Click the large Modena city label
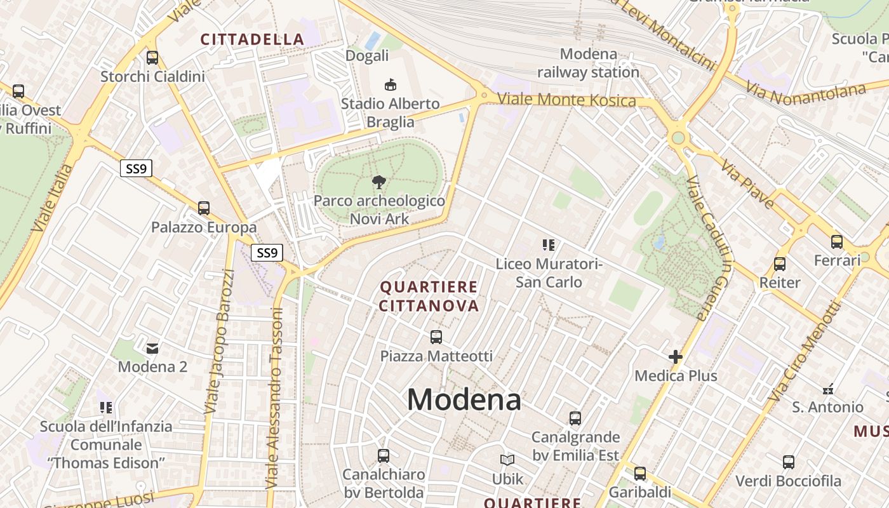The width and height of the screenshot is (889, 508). pyautogui.click(x=464, y=400)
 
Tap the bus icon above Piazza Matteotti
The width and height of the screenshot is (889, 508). pyautogui.click(x=436, y=337)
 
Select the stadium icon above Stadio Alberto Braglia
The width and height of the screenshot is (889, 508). pyautogui.click(x=390, y=84)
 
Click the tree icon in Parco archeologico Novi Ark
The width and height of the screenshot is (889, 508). pyautogui.click(x=379, y=183)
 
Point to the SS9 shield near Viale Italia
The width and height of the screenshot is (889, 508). pyautogui.click(x=136, y=168)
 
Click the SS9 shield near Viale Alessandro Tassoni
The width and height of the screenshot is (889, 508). pyautogui.click(x=267, y=253)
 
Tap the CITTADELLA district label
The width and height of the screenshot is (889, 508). pyautogui.click(x=253, y=39)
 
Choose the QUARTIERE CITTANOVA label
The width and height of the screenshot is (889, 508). pyautogui.click(x=429, y=297)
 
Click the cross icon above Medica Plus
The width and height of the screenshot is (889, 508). pyautogui.click(x=676, y=357)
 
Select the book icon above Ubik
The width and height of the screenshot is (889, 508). pyautogui.click(x=507, y=460)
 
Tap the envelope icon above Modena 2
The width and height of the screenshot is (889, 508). pyautogui.click(x=152, y=348)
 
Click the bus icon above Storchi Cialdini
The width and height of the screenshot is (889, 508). pyautogui.click(x=152, y=58)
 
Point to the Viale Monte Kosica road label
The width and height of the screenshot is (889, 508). pyautogui.click(x=566, y=100)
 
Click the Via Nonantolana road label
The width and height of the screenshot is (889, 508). pyautogui.click(x=805, y=93)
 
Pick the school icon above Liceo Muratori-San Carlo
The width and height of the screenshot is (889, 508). pyautogui.click(x=549, y=244)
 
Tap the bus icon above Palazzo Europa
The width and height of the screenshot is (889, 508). pyautogui.click(x=204, y=208)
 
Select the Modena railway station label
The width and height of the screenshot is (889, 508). pyautogui.click(x=588, y=63)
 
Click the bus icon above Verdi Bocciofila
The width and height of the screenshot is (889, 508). pyautogui.click(x=789, y=462)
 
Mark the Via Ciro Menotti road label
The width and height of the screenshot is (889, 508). pyautogui.click(x=804, y=351)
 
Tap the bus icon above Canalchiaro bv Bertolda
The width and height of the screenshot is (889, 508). pyautogui.click(x=384, y=455)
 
